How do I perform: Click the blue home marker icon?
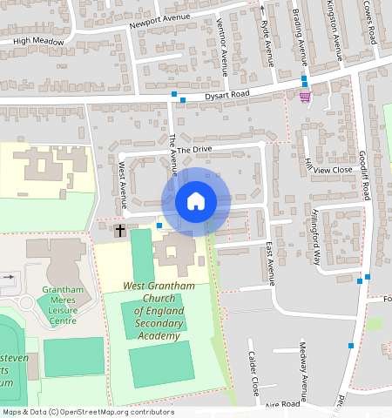(196, 201)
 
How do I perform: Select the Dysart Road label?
(226, 93)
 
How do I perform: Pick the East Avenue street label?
(270, 263)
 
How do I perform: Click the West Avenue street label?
(122, 178)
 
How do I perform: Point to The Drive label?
(196, 150)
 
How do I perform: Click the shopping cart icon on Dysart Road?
(304, 97)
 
